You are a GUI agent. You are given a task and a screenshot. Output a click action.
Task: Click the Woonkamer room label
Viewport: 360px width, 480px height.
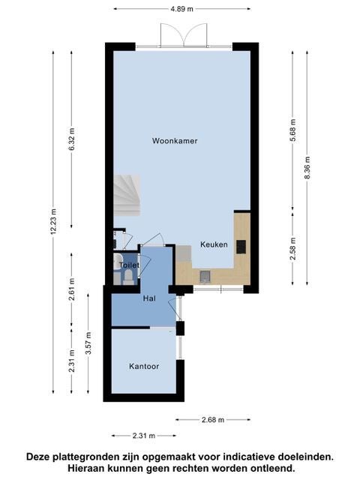pos(175,141)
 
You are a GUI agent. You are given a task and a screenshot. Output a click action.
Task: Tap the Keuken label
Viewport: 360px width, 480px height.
pos(214,244)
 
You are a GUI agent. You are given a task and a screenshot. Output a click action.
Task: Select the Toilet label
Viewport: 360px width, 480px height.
pos(129,265)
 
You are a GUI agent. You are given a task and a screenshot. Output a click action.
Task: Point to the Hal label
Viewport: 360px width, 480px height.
pos(149,298)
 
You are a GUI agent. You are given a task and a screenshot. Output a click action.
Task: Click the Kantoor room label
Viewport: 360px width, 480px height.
pos(144,367)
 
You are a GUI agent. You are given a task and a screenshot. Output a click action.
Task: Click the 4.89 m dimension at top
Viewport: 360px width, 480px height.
pos(181,9)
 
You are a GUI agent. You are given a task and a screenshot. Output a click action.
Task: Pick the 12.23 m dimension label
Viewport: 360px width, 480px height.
pos(53,222)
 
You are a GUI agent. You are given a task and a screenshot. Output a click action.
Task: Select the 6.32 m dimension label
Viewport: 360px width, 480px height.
pos(72,139)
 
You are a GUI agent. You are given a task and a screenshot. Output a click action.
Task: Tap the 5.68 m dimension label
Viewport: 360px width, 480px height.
pos(293,130)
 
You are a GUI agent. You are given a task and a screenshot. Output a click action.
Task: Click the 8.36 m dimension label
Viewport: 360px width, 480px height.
pos(307,168)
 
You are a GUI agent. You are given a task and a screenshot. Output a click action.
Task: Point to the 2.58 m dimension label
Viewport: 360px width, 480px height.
pos(293,249)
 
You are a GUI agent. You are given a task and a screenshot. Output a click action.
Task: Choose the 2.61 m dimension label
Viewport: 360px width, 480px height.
pos(72,289)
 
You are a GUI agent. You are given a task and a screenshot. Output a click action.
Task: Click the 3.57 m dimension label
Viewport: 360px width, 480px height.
pos(88,343)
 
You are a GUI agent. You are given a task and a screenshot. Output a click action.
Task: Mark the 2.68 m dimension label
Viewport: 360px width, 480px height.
pos(213,420)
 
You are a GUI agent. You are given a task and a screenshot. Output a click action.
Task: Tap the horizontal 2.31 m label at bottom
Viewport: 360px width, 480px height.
pos(144,436)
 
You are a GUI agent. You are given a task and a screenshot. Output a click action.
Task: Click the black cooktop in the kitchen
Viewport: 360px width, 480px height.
pos(241,247)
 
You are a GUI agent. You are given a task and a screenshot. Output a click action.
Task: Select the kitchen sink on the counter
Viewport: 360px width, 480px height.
pos(205,276)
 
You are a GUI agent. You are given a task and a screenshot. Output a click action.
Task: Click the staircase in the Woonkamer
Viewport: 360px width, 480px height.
pos(127,195)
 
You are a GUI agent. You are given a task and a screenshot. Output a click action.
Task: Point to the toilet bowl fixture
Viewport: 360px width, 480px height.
pos(128,275)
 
